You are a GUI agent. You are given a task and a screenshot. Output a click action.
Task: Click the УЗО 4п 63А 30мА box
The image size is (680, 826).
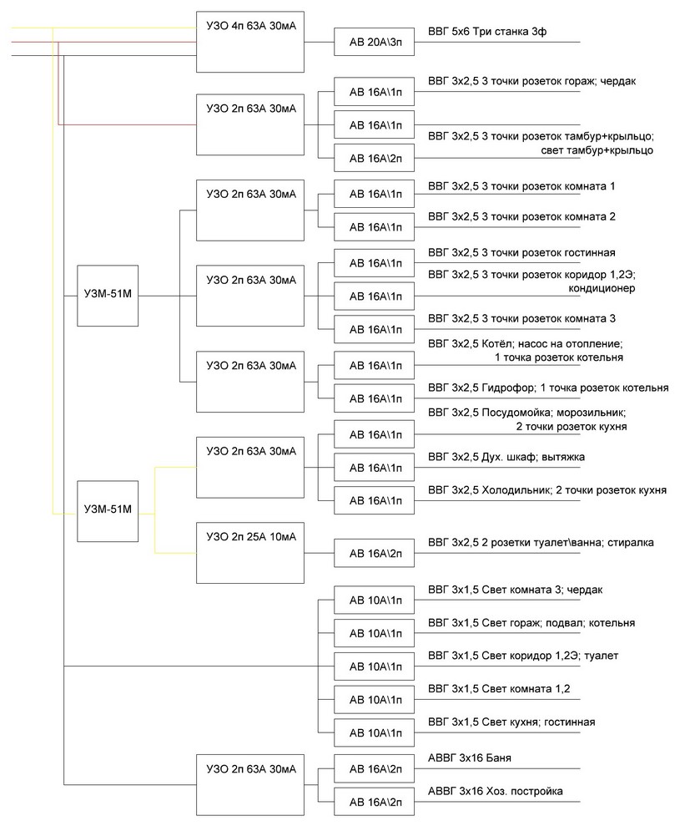click(250, 42)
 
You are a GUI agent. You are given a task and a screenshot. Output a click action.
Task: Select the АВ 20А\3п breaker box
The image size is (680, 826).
click(375, 42)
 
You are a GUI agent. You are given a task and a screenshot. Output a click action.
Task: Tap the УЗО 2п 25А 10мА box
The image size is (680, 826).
click(250, 553)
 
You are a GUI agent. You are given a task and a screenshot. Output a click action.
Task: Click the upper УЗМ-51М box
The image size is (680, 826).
click(108, 296)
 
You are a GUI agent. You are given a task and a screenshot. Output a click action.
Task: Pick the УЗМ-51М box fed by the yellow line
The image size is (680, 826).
click(108, 511)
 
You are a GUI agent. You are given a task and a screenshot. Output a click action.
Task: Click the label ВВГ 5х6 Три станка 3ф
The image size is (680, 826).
click(487, 32)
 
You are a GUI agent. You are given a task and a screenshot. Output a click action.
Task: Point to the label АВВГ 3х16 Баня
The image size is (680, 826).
click(470, 758)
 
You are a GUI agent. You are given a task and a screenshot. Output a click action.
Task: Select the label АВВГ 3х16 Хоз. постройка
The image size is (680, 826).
click(496, 791)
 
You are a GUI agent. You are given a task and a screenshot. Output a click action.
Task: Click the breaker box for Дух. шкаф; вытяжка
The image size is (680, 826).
click(375, 467)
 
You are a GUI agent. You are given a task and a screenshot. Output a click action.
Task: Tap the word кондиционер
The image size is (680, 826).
click(602, 288)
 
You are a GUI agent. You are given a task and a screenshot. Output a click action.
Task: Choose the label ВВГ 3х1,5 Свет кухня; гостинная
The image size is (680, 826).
click(511, 722)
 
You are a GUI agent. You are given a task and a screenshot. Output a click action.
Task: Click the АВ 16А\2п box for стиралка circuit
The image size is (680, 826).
click(375, 553)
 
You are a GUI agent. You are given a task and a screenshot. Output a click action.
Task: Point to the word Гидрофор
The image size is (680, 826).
click(508, 388)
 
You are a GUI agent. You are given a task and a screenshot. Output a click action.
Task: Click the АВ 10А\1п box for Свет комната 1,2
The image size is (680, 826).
click(375, 700)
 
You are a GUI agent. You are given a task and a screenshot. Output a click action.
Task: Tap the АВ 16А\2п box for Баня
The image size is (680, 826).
click(375, 769)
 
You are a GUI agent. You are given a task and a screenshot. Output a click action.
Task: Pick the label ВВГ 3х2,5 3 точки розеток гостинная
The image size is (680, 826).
click(521, 253)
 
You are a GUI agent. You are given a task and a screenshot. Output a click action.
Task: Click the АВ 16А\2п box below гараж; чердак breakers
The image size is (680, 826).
click(375, 158)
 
